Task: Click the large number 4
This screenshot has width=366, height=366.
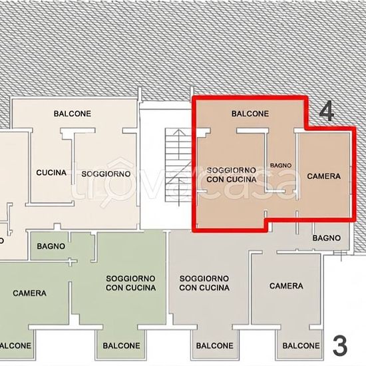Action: (327, 112)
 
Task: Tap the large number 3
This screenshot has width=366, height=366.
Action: (340, 345)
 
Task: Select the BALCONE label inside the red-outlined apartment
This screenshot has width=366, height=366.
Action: (250, 114)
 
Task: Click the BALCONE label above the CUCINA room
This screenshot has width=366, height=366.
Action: (73, 114)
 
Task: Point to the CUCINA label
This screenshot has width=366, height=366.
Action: (51, 173)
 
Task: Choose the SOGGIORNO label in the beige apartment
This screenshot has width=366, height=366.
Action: (106, 174)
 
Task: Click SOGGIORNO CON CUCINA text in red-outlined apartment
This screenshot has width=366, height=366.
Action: (232, 174)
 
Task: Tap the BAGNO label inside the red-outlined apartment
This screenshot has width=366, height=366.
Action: (281, 166)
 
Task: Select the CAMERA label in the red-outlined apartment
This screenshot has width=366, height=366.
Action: (324, 176)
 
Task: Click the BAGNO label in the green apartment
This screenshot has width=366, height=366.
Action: (51, 246)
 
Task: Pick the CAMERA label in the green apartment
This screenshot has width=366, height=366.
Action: (29, 293)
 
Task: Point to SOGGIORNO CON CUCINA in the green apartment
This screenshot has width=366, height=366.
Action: (130, 283)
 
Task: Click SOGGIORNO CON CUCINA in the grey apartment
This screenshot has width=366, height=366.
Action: (204, 283)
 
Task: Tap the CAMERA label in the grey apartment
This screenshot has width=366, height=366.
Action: (286, 286)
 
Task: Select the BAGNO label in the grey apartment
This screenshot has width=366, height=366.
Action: (327, 238)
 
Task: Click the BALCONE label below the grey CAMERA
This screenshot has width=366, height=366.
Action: (301, 345)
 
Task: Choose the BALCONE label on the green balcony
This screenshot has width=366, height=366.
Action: (121, 345)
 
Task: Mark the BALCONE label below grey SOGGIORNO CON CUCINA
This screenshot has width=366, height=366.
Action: (215, 345)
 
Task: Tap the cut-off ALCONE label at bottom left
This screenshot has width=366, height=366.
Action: (15, 345)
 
